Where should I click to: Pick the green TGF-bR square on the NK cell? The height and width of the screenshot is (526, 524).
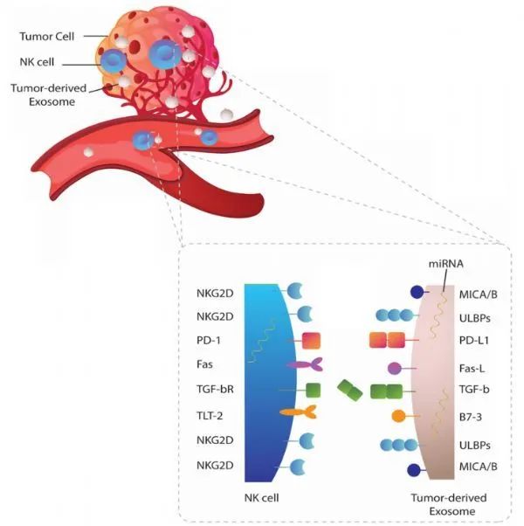coord(313,389)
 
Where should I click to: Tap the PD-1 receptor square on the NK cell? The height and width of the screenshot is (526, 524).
coord(314,338)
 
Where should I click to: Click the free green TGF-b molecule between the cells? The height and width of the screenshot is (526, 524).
coord(351,391)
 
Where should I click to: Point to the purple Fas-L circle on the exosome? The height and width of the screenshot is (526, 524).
coord(395,368)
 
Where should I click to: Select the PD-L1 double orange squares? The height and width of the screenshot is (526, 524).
coord(389,338)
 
